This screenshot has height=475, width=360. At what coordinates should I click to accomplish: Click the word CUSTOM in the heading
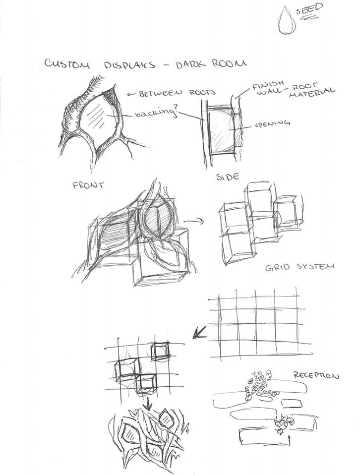(x=66, y=63)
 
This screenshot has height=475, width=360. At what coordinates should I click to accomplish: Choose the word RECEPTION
(x=315, y=375)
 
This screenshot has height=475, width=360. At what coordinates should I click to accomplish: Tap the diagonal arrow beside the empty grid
(x=200, y=331)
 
